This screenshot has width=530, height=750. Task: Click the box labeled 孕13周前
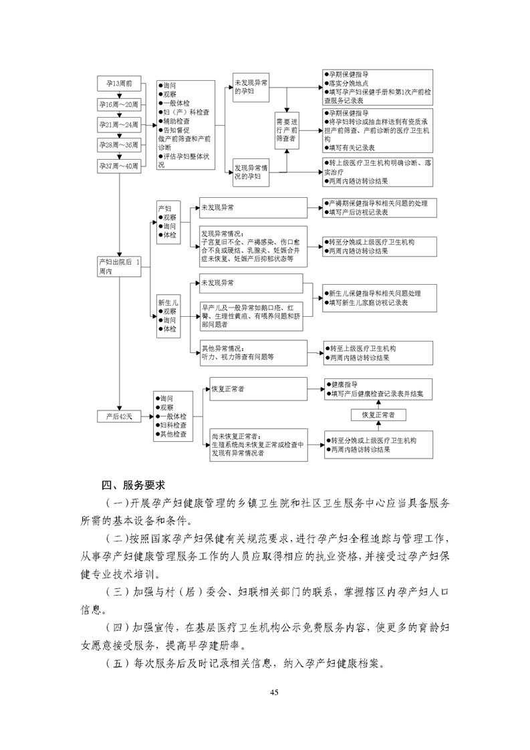click(119, 84)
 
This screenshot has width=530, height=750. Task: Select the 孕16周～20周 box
click(119, 104)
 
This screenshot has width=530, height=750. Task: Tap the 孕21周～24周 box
click(119, 125)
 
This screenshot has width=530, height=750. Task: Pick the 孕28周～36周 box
click(119, 145)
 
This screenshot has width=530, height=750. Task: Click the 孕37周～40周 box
click(119, 166)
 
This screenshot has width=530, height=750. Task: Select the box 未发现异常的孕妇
click(251, 88)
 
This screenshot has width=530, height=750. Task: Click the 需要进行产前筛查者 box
click(287, 130)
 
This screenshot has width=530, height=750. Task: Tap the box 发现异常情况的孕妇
click(251, 172)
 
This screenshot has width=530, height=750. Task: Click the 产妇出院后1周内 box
click(119, 267)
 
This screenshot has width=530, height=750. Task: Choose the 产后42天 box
click(119, 416)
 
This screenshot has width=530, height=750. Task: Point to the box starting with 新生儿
click(169, 316)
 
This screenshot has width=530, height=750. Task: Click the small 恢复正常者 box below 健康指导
click(378, 414)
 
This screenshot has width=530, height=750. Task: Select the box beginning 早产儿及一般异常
click(251, 316)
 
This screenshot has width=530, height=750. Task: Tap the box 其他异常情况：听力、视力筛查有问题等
click(253, 353)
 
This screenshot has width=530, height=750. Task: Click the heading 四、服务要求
click(132, 485)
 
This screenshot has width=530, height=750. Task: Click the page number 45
click(274, 692)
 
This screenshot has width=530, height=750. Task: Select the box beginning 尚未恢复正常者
click(259, 445)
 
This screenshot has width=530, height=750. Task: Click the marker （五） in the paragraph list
click(117, 663)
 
